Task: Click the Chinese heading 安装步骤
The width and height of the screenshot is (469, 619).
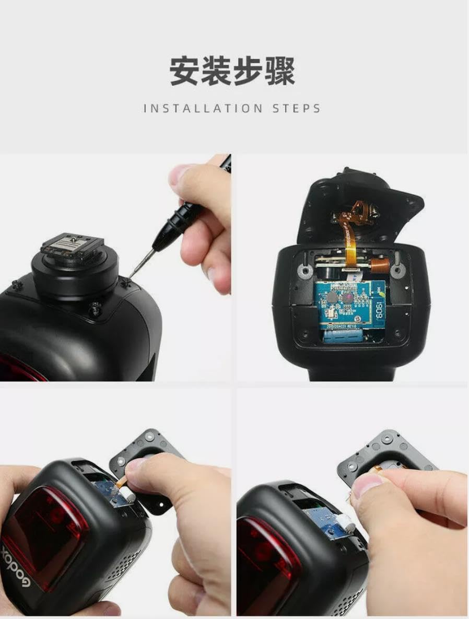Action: pyautogui.click(x=232, y=72)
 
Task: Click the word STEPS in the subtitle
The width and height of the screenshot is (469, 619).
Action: pyautogui.click(x=296, y=109)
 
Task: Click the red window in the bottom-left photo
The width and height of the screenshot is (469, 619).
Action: pyautogui.click(x=47, y=528)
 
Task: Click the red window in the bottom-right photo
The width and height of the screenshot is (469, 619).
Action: pyautogui.click(x=266, y=559)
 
